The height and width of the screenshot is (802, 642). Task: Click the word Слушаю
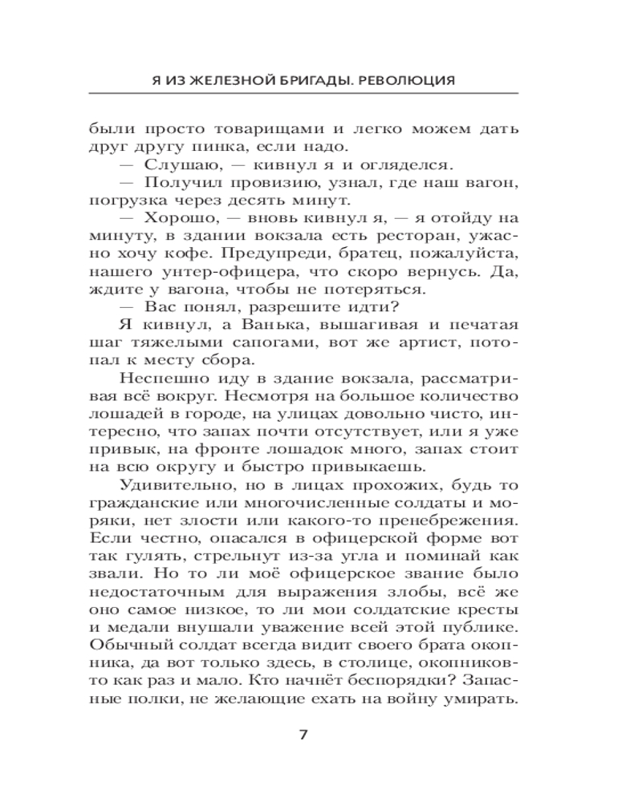click(174, 165)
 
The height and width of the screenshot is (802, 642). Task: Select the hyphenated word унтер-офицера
click(200, 276)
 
